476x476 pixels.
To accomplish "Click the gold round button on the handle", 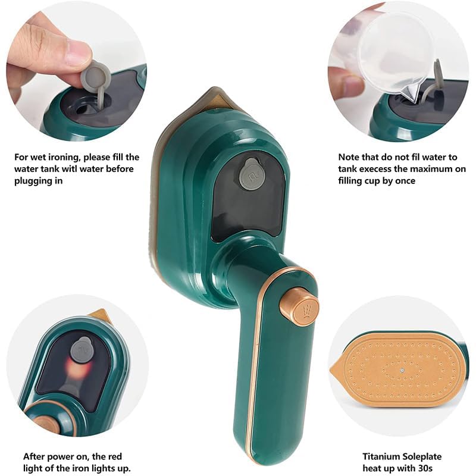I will [x=299, y=307].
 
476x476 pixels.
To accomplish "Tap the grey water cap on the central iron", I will [x=251, y=173].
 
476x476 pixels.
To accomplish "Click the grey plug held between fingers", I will [x=95, y=77].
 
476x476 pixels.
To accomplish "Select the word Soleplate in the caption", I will [x=422, y=456].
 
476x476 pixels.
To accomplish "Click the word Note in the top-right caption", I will [x=350, y=157].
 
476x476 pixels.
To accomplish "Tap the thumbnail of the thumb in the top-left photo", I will [x=78, y=54].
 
